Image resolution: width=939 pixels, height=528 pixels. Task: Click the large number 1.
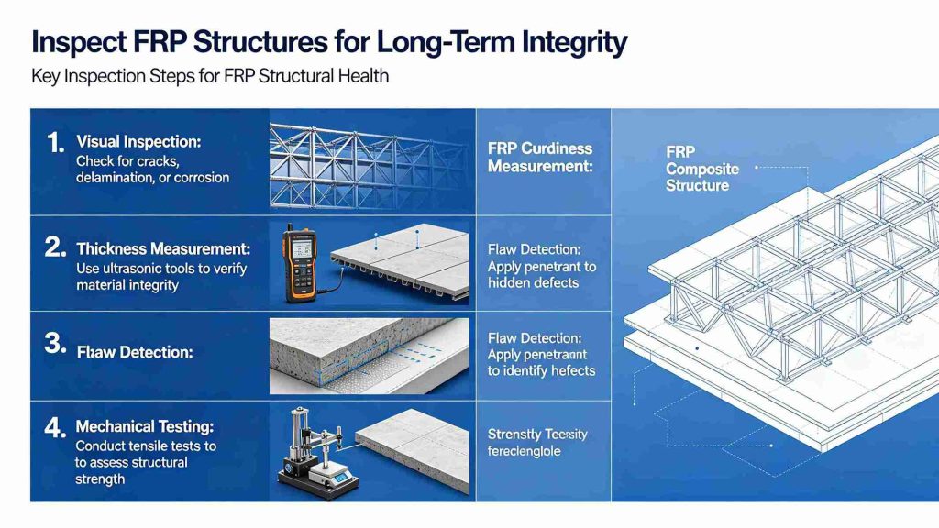click(x=54, y=142)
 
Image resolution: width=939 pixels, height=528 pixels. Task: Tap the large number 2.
click(x=55, y=247)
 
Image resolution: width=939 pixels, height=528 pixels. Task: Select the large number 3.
click(x=55, y=344)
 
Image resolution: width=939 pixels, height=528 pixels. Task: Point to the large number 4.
click(x=55, y=426)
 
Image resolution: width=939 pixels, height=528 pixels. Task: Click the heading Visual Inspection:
click(x=138, y=142)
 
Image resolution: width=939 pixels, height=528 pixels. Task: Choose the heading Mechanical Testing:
click(x=146, y=426)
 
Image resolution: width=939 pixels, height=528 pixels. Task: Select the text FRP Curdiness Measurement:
click(x=540, y=158)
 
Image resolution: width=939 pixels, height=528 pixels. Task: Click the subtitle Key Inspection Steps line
click(x=209, y=76)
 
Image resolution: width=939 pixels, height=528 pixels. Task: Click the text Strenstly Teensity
click(x=537, y=434)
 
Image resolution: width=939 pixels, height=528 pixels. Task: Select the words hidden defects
click(x=533, y=283)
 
